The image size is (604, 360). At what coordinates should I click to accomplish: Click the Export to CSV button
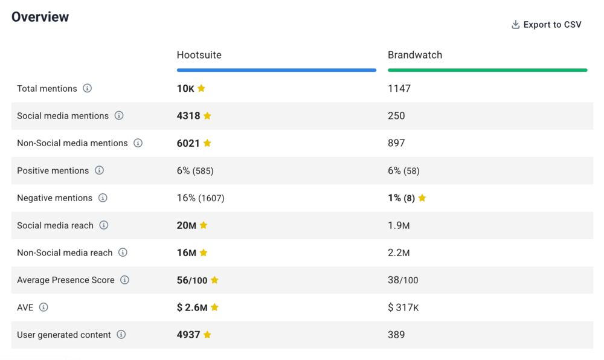546,25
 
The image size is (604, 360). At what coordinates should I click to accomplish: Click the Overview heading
40,17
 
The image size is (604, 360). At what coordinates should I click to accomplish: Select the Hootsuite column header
199,55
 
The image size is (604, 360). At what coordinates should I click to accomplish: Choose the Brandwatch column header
414,55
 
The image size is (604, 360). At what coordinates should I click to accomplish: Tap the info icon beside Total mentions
87,88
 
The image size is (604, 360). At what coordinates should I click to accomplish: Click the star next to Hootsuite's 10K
201,88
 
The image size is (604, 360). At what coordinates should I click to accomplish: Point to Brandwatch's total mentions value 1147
399,89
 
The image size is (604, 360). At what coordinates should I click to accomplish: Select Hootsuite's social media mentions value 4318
188,116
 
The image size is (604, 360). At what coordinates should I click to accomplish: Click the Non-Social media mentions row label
72,143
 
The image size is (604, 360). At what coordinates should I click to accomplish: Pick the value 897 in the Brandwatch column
396,143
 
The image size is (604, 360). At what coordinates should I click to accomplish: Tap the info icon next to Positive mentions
99,170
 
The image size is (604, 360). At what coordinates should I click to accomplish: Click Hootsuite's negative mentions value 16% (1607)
201,198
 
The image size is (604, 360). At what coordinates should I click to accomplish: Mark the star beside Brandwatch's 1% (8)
422,198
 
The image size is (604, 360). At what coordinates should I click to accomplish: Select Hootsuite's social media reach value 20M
186,225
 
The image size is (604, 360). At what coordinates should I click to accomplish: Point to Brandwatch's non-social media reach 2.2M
399,252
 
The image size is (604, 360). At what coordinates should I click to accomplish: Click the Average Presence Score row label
66,280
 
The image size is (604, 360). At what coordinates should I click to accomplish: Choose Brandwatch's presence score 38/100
403,280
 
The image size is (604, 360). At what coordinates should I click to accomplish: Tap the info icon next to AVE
43,307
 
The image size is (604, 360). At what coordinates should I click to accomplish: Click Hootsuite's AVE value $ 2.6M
192,307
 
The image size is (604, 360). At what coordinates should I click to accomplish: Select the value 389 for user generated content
396,335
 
